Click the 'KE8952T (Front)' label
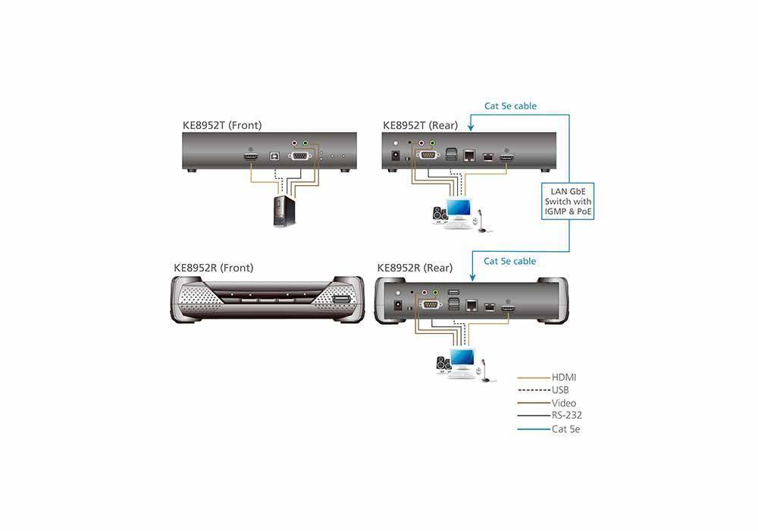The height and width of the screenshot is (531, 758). pos(222,125)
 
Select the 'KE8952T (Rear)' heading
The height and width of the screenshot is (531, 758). pos(421,125)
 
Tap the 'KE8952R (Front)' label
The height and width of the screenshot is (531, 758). pos(214,268)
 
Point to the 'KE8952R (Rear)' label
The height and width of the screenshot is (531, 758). pos(415,268)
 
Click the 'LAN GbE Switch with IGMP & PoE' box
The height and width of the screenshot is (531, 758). pos(568,201)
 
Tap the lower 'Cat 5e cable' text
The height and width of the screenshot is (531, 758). pos(509,261)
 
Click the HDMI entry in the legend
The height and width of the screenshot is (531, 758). pos(564,377)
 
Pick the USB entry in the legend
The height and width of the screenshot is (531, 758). pos(559,390)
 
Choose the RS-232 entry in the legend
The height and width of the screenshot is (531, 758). pos(566,415)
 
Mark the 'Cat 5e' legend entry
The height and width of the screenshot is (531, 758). pos(565,429)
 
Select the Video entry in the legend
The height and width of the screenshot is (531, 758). pos(564,403)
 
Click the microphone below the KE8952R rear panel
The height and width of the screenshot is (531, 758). pos(485,369)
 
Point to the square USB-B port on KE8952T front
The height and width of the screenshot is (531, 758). pos(274,156)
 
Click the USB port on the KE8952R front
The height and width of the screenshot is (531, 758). pos(342,300)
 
